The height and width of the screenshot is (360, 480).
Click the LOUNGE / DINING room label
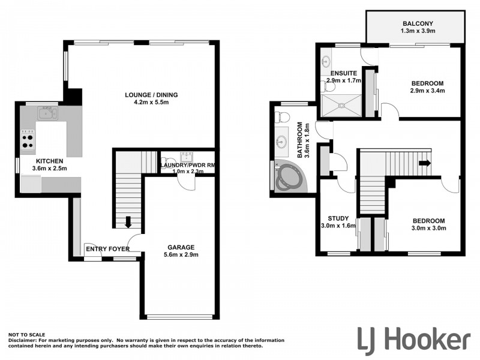pos(151,95)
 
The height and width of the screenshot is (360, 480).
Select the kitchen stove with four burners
pos(28,140)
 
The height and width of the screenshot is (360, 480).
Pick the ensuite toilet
pos(328,88)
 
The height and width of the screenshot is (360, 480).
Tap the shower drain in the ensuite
pos(343,106)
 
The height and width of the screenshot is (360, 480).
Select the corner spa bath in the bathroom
pos(290,177)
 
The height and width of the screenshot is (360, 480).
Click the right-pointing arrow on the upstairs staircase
pos(425,163)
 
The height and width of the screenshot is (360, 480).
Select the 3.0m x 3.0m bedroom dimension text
pos(428,228)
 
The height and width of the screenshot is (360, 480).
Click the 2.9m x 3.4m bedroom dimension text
pos(427,91)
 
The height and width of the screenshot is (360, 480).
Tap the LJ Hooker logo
pos(413,339)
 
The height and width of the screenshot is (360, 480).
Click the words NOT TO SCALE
pos(27,334)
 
